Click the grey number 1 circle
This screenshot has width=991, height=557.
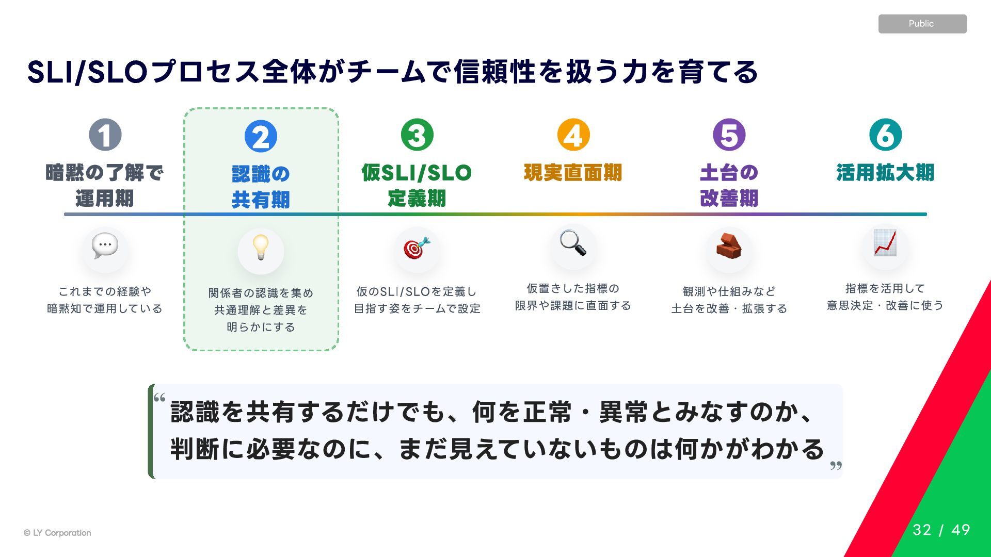(105, 135)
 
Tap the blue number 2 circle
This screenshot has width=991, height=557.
(261, 137)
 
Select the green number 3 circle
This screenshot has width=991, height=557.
(417, 135)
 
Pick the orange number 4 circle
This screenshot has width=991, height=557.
(573, 135)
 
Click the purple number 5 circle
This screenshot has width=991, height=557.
(729, 135)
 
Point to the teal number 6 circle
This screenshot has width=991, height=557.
(886, 135)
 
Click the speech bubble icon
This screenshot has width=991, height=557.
(105, 246)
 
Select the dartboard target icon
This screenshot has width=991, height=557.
(417, 248)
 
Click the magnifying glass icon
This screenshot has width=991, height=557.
(573, 242)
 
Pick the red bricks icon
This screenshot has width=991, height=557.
(729, 246)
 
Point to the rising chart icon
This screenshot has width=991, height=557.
(885, 243)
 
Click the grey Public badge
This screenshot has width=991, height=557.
(922, 24)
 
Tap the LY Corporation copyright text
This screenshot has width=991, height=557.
(57, 533)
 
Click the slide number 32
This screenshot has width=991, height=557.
(922, 530)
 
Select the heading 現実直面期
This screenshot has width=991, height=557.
(573, 172)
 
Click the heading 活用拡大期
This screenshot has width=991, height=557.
(885, 172)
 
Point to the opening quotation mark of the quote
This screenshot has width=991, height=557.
(159, 398)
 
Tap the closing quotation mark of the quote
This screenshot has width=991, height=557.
(836, 466)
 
